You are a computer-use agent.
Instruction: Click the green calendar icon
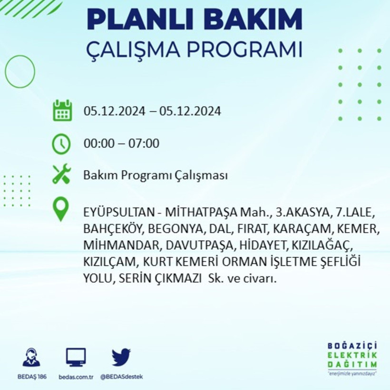(x=62, y=110)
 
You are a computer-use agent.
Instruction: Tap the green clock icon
(x=61, y=144)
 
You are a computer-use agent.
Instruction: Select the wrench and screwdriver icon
(x=61, y=174)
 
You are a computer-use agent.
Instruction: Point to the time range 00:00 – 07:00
(x=121, y=143)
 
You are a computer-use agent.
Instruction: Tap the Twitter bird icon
(x=121, y=357)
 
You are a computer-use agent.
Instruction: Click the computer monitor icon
(x=76, y=357)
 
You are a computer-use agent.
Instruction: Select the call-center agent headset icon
(x=31, y=357)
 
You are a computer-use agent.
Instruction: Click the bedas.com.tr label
(x=76, y=377)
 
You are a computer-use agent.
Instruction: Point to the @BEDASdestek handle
(x=121, y=377)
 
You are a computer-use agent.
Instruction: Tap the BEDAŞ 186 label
(x=31, y=377)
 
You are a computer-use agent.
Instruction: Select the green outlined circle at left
(x=20, y=71)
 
